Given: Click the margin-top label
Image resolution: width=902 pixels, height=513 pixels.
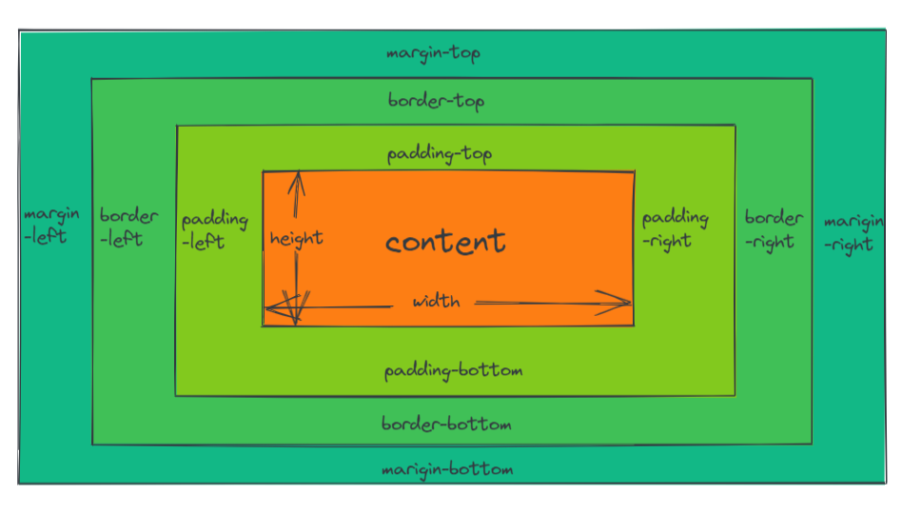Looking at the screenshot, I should tap(433, 53).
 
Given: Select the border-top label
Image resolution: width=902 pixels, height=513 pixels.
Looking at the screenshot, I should tap(437, 100).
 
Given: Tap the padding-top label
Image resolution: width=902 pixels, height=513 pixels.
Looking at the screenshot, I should tap(439, 153).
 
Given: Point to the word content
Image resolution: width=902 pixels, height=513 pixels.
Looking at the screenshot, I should tap(445, 241).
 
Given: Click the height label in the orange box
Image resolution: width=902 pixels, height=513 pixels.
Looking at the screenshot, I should tap(296, 238).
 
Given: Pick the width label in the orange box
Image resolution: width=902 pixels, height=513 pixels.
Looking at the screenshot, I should tap(436, 302).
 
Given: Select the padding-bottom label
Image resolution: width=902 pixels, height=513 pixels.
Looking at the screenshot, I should tap(453, 370).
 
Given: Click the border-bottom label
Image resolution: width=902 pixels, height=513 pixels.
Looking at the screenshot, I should tap(446, 424).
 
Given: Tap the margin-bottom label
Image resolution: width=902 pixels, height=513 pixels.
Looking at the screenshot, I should tap(446, 469).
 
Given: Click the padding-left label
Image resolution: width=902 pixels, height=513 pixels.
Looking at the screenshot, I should tap(214, 230).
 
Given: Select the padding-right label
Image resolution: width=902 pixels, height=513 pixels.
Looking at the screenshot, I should tap(675, 228).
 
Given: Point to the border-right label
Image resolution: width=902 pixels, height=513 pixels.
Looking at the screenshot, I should tap(774, 228).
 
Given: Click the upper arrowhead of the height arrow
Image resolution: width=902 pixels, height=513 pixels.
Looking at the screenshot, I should tap(299, 176).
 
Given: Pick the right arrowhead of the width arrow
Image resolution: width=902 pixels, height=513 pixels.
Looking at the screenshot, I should tap(627, 304).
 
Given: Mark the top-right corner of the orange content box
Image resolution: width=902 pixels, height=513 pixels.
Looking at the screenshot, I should tap(635, 172).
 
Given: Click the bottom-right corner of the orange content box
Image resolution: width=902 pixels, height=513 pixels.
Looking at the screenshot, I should tap(633, 326).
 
